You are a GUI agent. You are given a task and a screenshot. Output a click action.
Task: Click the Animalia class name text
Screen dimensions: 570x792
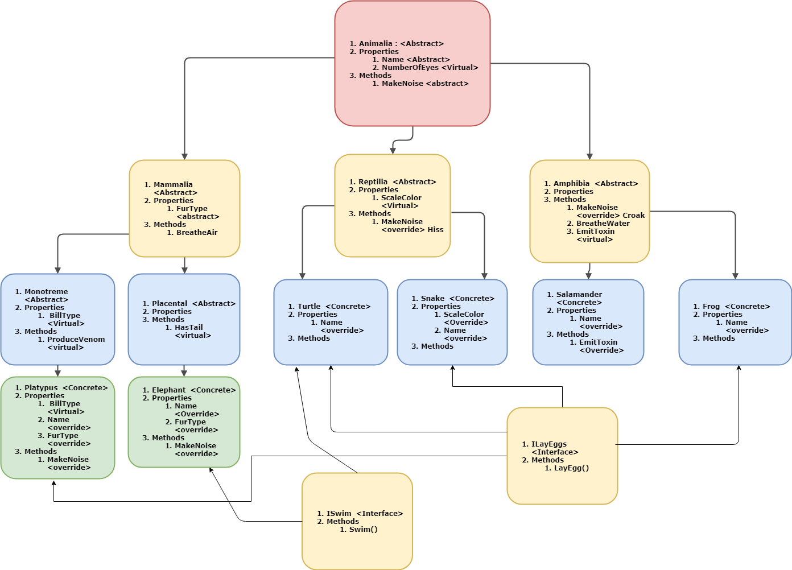[x=376, y=44]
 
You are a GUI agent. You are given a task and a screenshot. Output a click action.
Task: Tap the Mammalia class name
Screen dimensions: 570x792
[x=173, y=185]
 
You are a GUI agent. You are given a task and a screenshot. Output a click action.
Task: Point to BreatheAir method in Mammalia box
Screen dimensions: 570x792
[x=196, y=233]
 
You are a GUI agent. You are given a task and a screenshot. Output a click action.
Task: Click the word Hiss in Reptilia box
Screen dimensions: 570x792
[x=435, y=230]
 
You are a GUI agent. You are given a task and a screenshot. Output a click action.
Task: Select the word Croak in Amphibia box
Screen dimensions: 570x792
[x=633, y=216]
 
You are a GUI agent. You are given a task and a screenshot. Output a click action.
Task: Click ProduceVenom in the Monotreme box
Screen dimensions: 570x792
[x=76, y=340]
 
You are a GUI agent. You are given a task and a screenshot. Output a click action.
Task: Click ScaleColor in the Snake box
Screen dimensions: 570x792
[x=464, y=315]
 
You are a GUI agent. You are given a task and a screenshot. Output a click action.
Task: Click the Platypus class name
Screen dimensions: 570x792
[x=41, y=388]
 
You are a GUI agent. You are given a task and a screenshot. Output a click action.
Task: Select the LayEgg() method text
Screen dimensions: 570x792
[x=571, y=468]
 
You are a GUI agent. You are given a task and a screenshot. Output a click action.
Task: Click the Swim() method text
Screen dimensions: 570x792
[x=363, y=530]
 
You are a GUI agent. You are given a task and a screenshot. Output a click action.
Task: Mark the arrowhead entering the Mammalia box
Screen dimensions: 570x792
[x=184, y=156]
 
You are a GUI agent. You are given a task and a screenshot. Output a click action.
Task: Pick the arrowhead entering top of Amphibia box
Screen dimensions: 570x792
[x=589, y=156]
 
